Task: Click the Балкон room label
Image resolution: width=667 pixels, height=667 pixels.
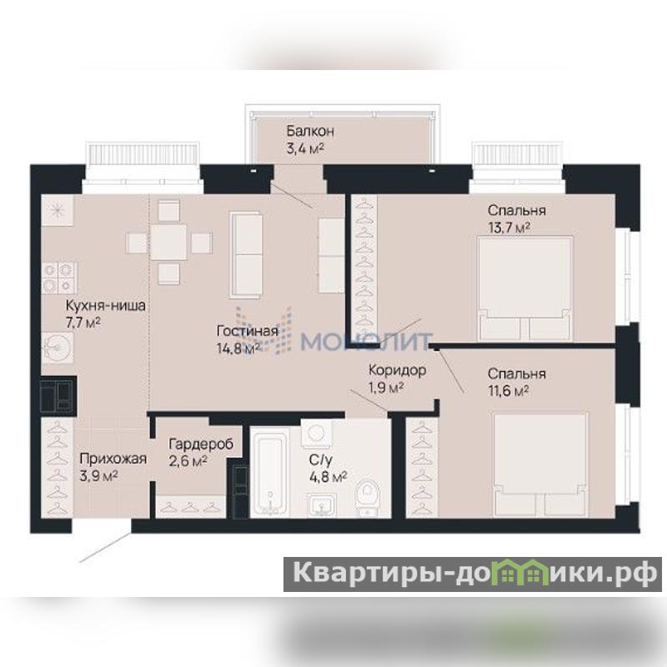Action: coord(310,131)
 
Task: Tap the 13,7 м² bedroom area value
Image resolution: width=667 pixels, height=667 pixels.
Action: coord(509,228)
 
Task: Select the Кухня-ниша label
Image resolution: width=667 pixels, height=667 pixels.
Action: coord(106,305)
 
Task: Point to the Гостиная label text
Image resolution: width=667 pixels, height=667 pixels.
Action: coord(247,331)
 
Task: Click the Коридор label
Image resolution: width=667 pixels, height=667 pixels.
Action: coord(398,370)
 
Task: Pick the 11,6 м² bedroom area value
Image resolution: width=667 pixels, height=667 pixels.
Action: coord(509,390)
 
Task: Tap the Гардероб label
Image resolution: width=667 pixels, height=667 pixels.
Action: coord(201,444)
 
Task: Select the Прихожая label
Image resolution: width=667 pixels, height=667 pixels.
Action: coord(113,459)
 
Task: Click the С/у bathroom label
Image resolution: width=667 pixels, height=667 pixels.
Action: coord(321,459)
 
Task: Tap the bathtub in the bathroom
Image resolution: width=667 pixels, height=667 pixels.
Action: coord(269,473)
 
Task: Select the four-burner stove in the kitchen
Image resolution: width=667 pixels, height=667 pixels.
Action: coord(59,278)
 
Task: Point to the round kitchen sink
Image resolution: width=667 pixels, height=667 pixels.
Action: coord(56,347)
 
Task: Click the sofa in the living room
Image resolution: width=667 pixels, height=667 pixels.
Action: coord(245,255)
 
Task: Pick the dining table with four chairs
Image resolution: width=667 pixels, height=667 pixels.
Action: coord(169,242)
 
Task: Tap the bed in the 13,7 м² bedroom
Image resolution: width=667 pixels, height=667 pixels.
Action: coord(525,288)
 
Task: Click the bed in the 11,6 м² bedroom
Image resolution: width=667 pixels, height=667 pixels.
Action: coord(540,464)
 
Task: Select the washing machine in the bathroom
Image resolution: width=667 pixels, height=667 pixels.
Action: coord(316,434)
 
